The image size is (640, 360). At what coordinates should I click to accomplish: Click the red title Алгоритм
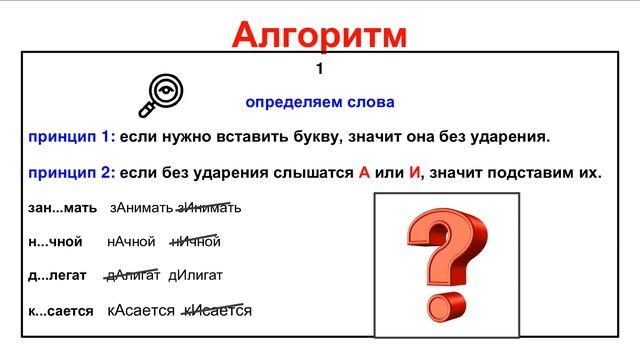(320, 34)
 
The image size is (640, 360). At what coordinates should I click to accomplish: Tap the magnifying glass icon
(159, 94)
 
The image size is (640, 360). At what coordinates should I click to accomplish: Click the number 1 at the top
(320, 69)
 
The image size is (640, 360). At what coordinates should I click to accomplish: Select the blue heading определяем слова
(320, 102)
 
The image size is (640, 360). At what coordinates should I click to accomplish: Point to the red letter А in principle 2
(364, 172)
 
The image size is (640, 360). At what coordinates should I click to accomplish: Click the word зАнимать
(141, 208)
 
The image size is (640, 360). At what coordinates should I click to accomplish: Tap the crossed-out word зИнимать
(209, 208)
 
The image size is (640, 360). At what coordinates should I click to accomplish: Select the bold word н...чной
(56, 241)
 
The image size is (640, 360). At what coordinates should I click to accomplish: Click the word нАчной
(131, 241)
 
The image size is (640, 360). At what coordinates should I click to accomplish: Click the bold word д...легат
(60, 275)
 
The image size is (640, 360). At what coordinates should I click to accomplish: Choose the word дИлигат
(195, 275)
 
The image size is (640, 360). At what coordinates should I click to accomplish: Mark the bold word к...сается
(61, 311)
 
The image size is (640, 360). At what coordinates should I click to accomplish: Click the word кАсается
(141, 311)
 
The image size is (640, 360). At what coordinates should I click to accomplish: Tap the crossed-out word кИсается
(217, 311)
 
